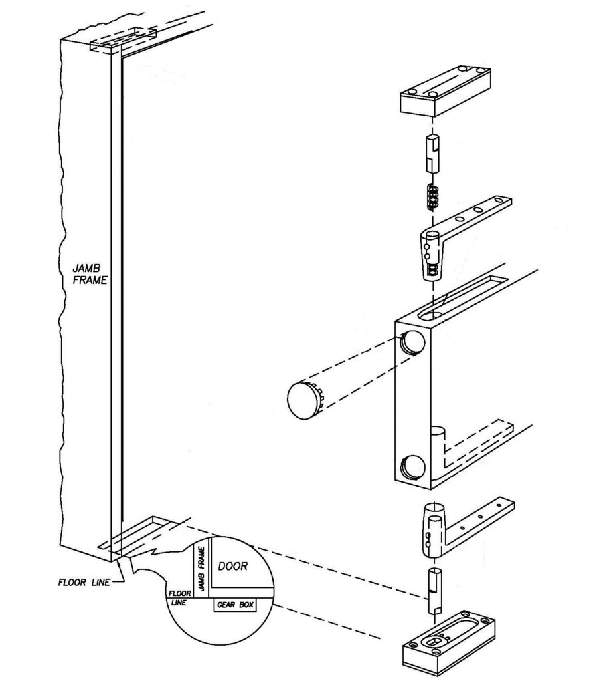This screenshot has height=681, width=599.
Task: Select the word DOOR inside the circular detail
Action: [x=232, y=567]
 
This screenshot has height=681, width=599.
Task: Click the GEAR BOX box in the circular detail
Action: [x=234, y=605]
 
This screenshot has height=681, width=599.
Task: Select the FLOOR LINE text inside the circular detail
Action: [x=179, y=596]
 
